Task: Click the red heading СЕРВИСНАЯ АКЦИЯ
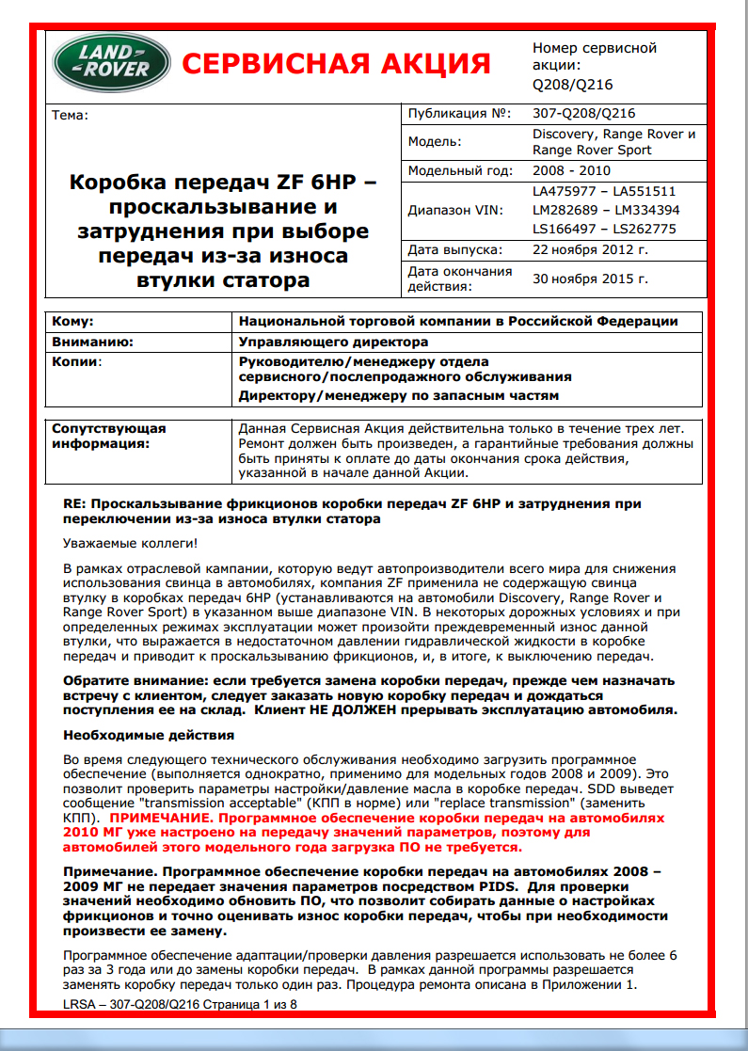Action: click(x=336, y=64)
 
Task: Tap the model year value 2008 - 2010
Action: click(x=571, y=171)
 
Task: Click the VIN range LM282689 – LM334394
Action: click(x=605, y=210)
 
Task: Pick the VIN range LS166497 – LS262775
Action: click(x=605, y=229)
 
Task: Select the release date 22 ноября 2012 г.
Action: click(x=590, y=249)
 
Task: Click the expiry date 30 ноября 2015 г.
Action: click(x=590, y=279)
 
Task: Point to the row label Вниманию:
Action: click(x=92, y=342)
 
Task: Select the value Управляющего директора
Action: click(x=334, y=342)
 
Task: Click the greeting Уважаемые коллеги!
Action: click(x=131, y=544)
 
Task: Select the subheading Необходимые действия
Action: click(x=148, y=734)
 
